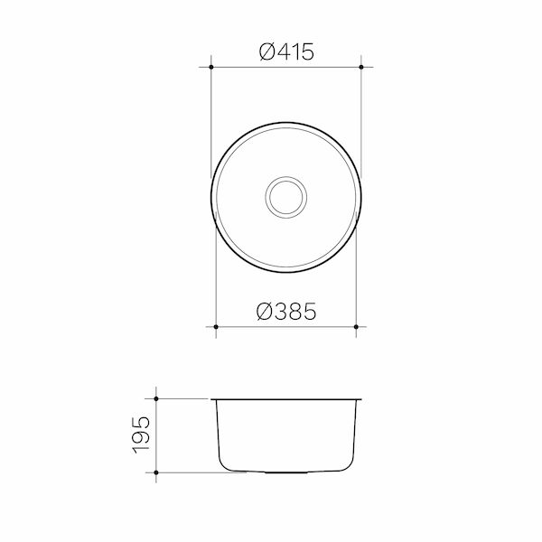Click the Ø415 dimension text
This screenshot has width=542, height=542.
click(285, 52)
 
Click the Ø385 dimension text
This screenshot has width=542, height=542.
click(285, 312)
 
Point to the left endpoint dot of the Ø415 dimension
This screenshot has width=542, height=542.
click(210, 67)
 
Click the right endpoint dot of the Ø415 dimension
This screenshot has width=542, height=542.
click(361, 67)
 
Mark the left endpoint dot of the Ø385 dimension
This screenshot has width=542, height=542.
click(216, 326)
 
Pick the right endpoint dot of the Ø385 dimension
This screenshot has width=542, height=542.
click(356, 326)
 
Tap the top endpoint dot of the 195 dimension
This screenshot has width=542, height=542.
click(157, 397)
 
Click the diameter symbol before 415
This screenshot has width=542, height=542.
click(266, 52)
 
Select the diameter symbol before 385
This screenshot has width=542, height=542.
click(266, 312)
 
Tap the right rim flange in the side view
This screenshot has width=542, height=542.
click(359, 397)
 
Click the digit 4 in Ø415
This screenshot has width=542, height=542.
click(283, 52)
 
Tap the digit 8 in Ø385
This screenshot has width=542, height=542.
click(295, 312)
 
